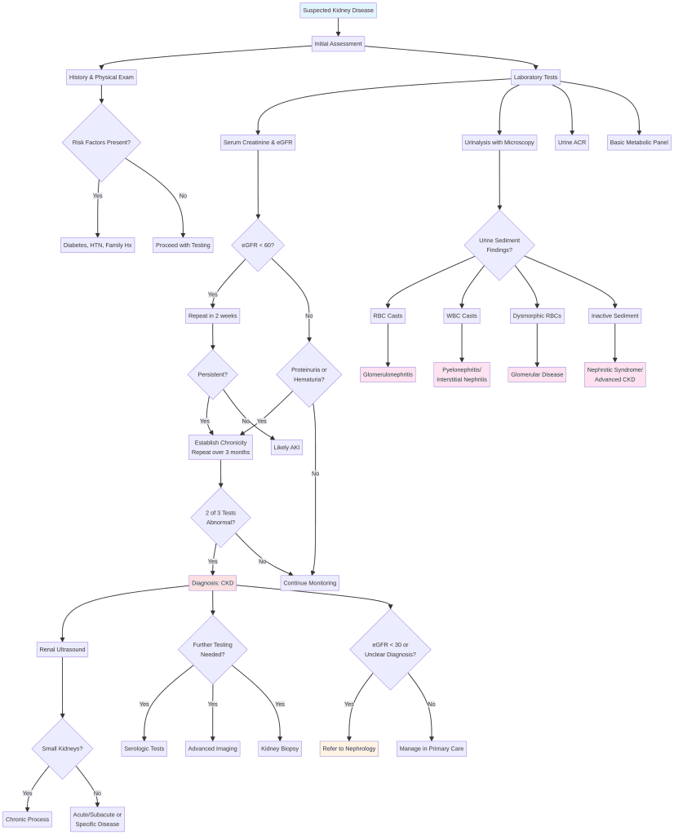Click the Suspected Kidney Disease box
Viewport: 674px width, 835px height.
[338, 11]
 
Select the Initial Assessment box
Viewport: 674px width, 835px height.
[338, 43]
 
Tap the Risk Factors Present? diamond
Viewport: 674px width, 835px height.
[101, 142]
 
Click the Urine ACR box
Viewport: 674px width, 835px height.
[572, 142]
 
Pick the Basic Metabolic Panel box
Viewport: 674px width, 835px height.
[639, 142]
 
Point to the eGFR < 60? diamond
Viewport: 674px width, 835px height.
[258, 245]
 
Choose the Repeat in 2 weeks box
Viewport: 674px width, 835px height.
[213, 316]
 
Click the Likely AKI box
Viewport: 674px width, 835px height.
[286, 448]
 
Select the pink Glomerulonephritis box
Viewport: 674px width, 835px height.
[388, 374]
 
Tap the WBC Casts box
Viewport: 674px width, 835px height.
[462, 316]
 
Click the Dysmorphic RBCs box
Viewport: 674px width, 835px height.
[537, 316]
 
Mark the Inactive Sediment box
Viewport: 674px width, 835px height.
[614, 316]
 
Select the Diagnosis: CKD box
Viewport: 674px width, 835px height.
[212, 582]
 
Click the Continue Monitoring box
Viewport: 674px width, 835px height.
[309, 582]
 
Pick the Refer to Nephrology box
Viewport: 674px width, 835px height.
[348, 749]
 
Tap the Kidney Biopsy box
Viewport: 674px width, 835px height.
[280, 749]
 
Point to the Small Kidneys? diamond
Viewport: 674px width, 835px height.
[62, 749]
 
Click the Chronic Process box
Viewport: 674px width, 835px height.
[27, 819]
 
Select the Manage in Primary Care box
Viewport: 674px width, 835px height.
[432, 749]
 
